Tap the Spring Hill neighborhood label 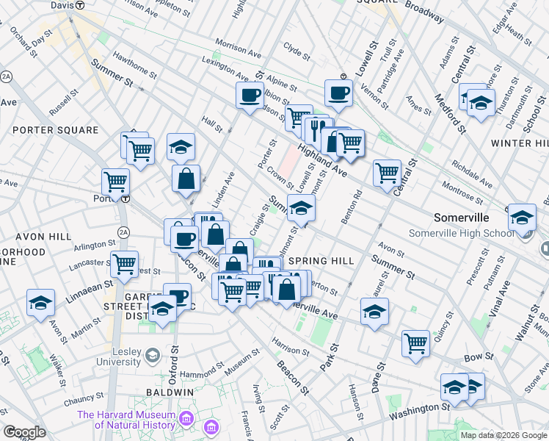tap(321, 261)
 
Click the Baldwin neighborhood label tap(169, 392)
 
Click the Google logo tap(25, 432)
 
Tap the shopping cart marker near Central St tap(387, 173)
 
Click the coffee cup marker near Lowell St tap(338, 93)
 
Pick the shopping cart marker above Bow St tap(415, 343)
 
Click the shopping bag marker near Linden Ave tap(186, 178)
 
